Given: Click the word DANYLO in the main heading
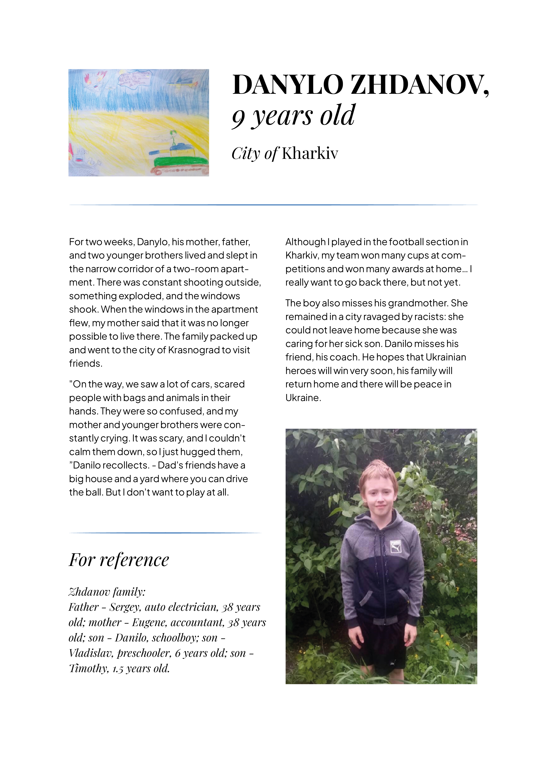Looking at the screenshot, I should click(288, 85).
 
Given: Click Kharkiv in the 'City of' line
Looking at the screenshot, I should click(310, 153).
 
